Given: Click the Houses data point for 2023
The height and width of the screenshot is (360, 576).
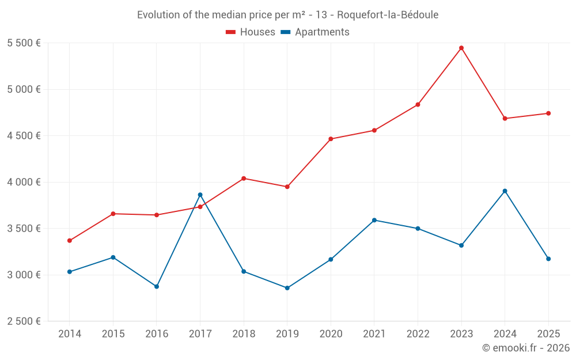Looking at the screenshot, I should (x=461, y=48).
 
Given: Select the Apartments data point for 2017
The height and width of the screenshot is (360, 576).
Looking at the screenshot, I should (x=200, y=195).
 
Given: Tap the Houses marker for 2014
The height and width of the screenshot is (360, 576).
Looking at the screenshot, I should (x=70, y=241).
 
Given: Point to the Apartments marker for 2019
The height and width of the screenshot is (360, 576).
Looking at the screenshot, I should (x=287, y=288).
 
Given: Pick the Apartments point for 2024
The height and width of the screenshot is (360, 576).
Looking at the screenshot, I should (x=505, y=191).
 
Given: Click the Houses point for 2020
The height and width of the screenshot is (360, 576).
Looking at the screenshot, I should (x=331, y=139).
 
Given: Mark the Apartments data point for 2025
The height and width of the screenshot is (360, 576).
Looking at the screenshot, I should (x=548, y=259).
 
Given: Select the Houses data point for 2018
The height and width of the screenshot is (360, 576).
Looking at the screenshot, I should (x=244, y=179).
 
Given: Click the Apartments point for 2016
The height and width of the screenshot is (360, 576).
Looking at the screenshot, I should (x=157, y=286).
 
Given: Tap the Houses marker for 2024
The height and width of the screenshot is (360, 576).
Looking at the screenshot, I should (x=505, y=119).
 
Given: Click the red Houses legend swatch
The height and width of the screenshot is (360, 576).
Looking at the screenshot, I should (x=230, y=32).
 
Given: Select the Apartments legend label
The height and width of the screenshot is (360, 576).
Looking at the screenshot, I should (x=322, y=32).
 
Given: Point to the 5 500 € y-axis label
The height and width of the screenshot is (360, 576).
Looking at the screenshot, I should (x=24, y=43).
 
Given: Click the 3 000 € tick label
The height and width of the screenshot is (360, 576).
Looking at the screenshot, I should (x=24, y=275).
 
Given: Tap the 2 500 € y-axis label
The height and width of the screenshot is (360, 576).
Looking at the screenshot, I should (x=24, y=321).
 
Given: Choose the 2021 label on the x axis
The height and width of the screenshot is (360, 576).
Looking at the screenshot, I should (x=374, y=334).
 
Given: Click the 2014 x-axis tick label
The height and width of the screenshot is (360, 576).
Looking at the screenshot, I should (x=70, y=334).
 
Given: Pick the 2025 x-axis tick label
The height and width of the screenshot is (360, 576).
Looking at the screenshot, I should (x=548, y=334).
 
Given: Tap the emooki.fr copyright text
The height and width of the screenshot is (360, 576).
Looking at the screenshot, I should (x=526, y=348).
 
